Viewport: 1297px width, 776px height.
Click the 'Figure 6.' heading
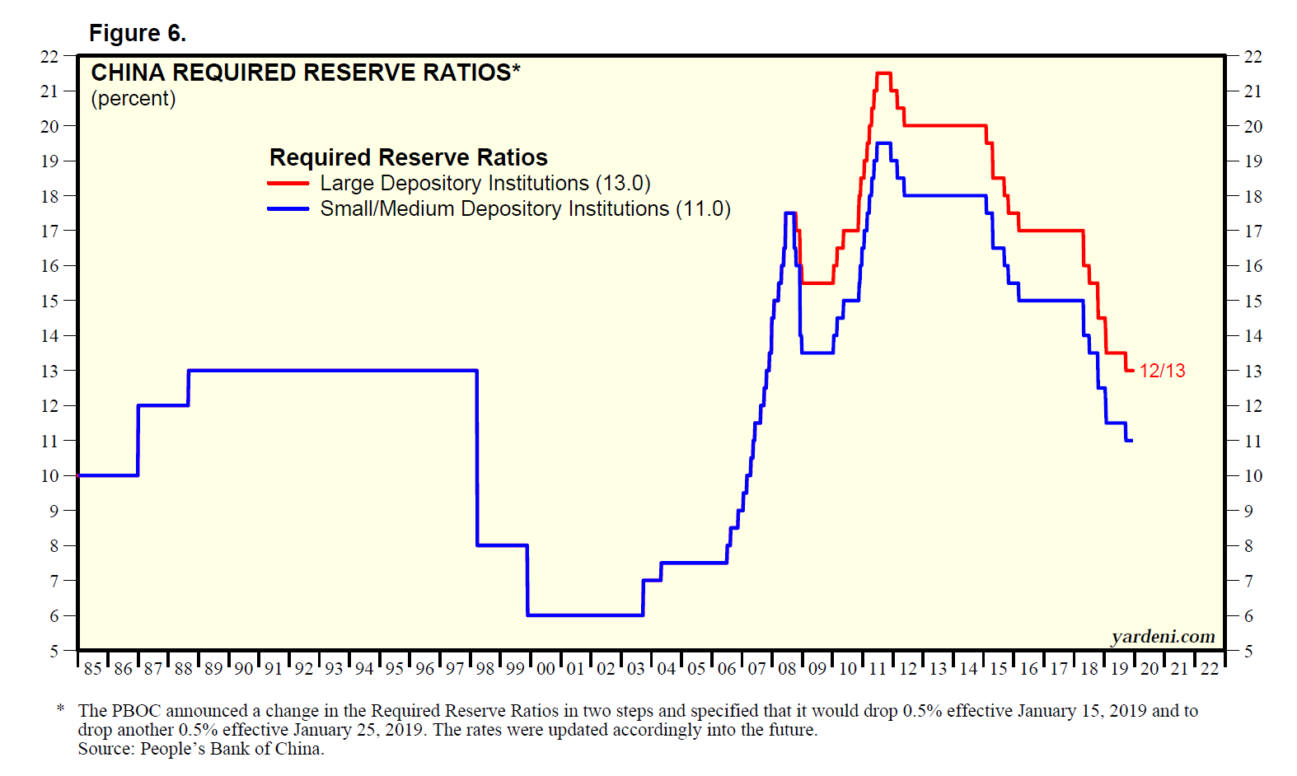coord(138,33)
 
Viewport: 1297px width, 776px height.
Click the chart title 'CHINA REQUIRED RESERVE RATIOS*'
coord(305,72)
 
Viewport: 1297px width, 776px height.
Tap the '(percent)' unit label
coord(133,99)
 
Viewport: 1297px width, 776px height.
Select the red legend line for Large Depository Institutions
coord(288,184)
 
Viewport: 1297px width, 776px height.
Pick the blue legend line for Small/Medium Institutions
coord(288,209)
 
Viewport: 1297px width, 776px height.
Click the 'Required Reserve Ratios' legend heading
coord(408,157)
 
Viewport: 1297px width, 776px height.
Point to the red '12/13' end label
coord(1162,371)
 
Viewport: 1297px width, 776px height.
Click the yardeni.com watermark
coord(1163,636)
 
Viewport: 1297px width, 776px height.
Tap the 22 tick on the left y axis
coord(49,57)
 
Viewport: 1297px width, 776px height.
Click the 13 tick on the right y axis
coord(1253,372)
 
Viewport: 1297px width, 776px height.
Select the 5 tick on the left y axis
coord(54,651)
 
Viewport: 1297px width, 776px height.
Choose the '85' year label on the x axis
coord(92,669)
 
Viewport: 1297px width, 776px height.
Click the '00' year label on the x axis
coord(545,669)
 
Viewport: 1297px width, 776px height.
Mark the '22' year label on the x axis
coord(1209,669)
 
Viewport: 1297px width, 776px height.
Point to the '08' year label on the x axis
coord(787,669)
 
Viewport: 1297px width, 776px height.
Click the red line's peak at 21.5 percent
coord(883,73)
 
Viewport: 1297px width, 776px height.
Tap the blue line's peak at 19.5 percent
coord(883,143)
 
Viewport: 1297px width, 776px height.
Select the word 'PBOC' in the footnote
coord(138,711)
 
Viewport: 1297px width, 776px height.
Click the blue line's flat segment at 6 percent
coord(585,615)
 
